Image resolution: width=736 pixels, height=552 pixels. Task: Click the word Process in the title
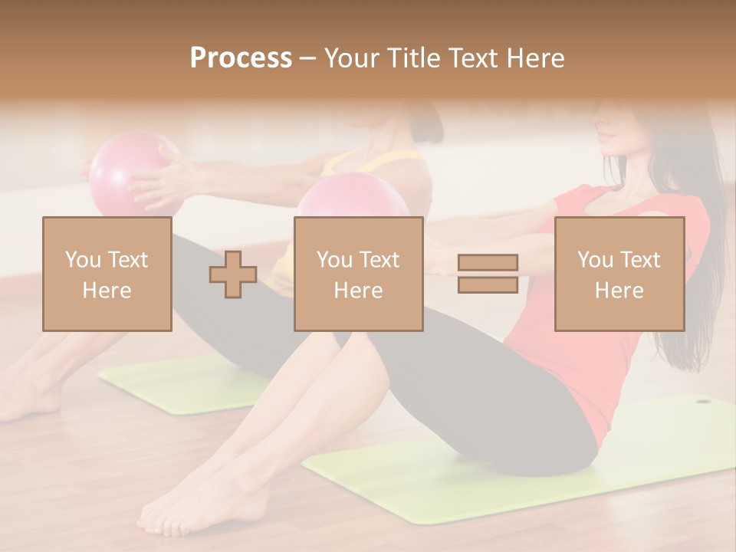coord(241,58)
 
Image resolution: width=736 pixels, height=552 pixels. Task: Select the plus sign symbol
coord(233,274)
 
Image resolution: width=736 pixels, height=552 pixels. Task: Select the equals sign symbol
coord(488,274)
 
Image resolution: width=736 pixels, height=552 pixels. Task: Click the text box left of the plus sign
coord(107,274)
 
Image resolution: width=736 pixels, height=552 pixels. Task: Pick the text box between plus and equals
coord(358,274)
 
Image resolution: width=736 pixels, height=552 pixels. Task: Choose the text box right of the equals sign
coord(619,274)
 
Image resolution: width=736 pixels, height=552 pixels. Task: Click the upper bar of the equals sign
coord(488,263)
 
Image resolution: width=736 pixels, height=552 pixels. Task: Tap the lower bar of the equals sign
coord(488,284)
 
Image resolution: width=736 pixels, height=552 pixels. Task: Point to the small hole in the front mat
coord(702,400)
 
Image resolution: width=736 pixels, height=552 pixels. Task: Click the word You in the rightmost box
coord(594,260)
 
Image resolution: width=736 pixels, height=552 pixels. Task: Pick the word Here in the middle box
coord(358,291)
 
